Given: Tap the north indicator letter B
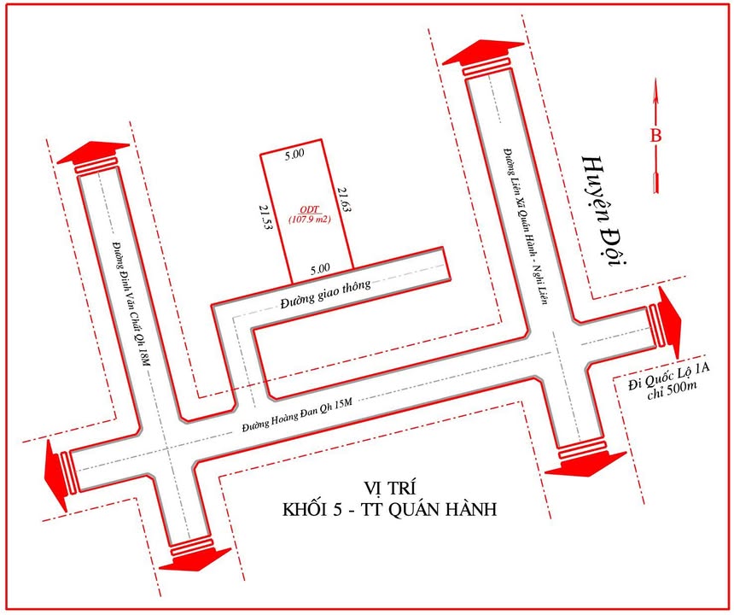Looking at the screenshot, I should pyautogui.click(x=655, y=134).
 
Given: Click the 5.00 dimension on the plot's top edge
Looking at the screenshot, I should pyautogui.click(x=294, y=155).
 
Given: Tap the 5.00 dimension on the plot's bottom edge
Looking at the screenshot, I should pyautogui.click(x=320, y=267).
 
